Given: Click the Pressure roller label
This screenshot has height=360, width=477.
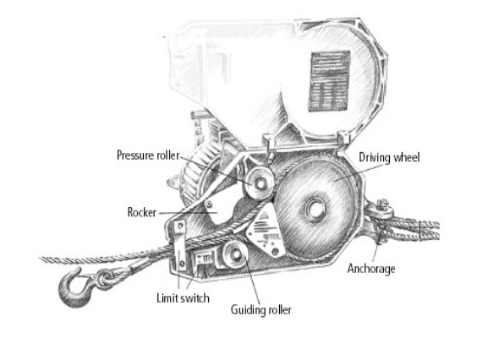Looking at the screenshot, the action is point(148,155).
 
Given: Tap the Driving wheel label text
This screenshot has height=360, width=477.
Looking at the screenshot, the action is point(389,157).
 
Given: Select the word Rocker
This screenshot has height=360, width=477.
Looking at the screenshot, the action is point(142,212).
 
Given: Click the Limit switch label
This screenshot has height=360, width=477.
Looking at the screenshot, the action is point(183,298).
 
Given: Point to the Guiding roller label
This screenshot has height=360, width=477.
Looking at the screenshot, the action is point(261,310).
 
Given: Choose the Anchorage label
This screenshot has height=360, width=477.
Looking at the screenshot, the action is point(371,269).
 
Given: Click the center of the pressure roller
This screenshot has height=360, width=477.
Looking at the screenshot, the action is point(260,183).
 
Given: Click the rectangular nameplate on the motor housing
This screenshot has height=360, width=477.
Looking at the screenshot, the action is point(330,81).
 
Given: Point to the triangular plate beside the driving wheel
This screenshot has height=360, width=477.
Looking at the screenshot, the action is point(266,230).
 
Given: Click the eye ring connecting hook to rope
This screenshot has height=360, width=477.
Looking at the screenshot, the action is point(104,279).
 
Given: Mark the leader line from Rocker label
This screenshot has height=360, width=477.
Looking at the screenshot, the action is point(189,212).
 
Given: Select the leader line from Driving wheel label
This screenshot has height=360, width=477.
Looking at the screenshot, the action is point(359,172).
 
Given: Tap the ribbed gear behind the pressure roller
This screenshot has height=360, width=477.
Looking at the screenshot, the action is point(198,177).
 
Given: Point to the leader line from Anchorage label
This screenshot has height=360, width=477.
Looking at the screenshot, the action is point(376,250).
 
